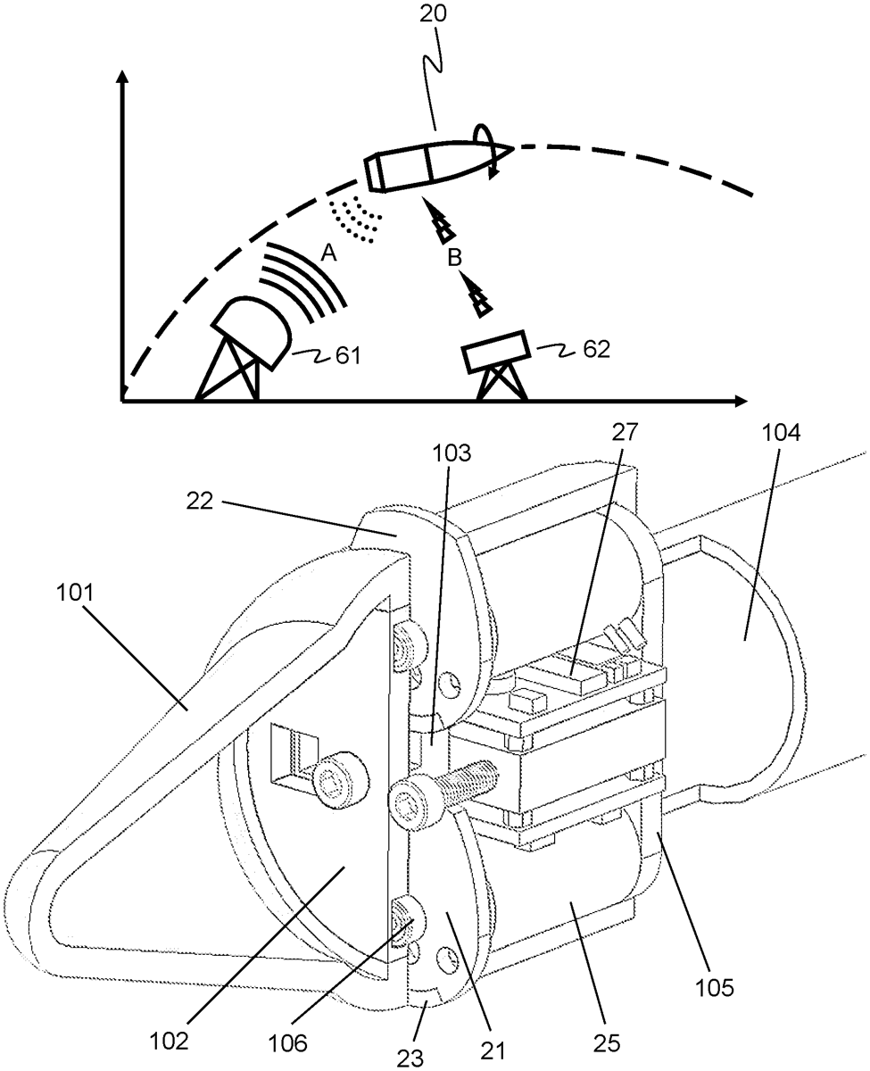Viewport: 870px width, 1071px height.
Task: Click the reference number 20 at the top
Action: tap(433, 12)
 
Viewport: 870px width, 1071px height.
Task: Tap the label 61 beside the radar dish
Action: tap(348, 356)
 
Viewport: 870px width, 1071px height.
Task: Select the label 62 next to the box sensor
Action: tap(597, 349)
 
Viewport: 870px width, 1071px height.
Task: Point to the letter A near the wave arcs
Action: tap(328, 253)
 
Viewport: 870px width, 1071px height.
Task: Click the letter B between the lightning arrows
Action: tap(454, 258)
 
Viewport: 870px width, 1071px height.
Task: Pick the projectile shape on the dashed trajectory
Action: tap(437, 166)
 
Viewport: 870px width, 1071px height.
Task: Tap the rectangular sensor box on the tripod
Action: tap(496, 351)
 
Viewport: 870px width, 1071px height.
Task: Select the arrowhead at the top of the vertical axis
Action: tap(122, 76)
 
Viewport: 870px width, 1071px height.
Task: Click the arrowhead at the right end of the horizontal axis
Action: tap(742, 401)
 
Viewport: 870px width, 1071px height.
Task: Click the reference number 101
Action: tap(75, 593)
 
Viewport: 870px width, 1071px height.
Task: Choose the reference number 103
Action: tap(452, 453)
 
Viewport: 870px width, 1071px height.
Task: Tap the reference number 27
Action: tap(625, 432)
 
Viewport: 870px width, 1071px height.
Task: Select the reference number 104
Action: tap(781, 433)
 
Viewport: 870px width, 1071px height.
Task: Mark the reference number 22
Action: tap(200, 501)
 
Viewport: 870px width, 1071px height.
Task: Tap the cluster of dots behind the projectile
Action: tap(355, 220)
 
